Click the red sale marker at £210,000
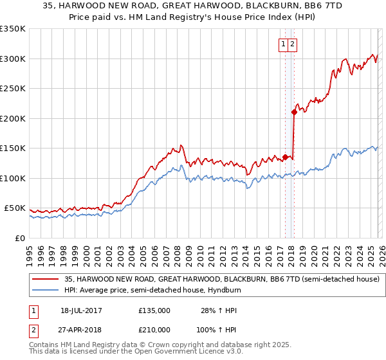[294, 112]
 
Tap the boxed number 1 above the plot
[284, 44]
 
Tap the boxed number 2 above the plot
[293, 44]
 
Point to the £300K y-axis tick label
[13, 59]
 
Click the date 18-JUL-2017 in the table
[81, 310]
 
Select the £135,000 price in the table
[154, 310]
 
